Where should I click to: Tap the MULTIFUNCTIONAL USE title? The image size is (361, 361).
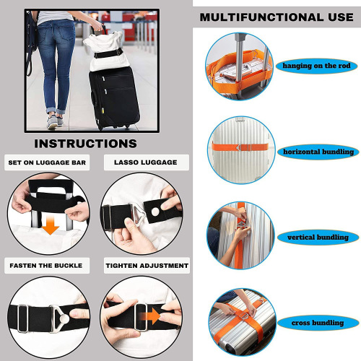coord(277,17)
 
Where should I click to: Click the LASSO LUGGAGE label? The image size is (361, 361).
coord(145,162)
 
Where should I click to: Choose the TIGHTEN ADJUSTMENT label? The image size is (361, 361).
coord(146,266)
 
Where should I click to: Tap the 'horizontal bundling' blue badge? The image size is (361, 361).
coord(318,152)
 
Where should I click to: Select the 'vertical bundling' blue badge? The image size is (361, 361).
coord(318,237)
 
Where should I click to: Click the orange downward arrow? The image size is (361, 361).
coord(49,227)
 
